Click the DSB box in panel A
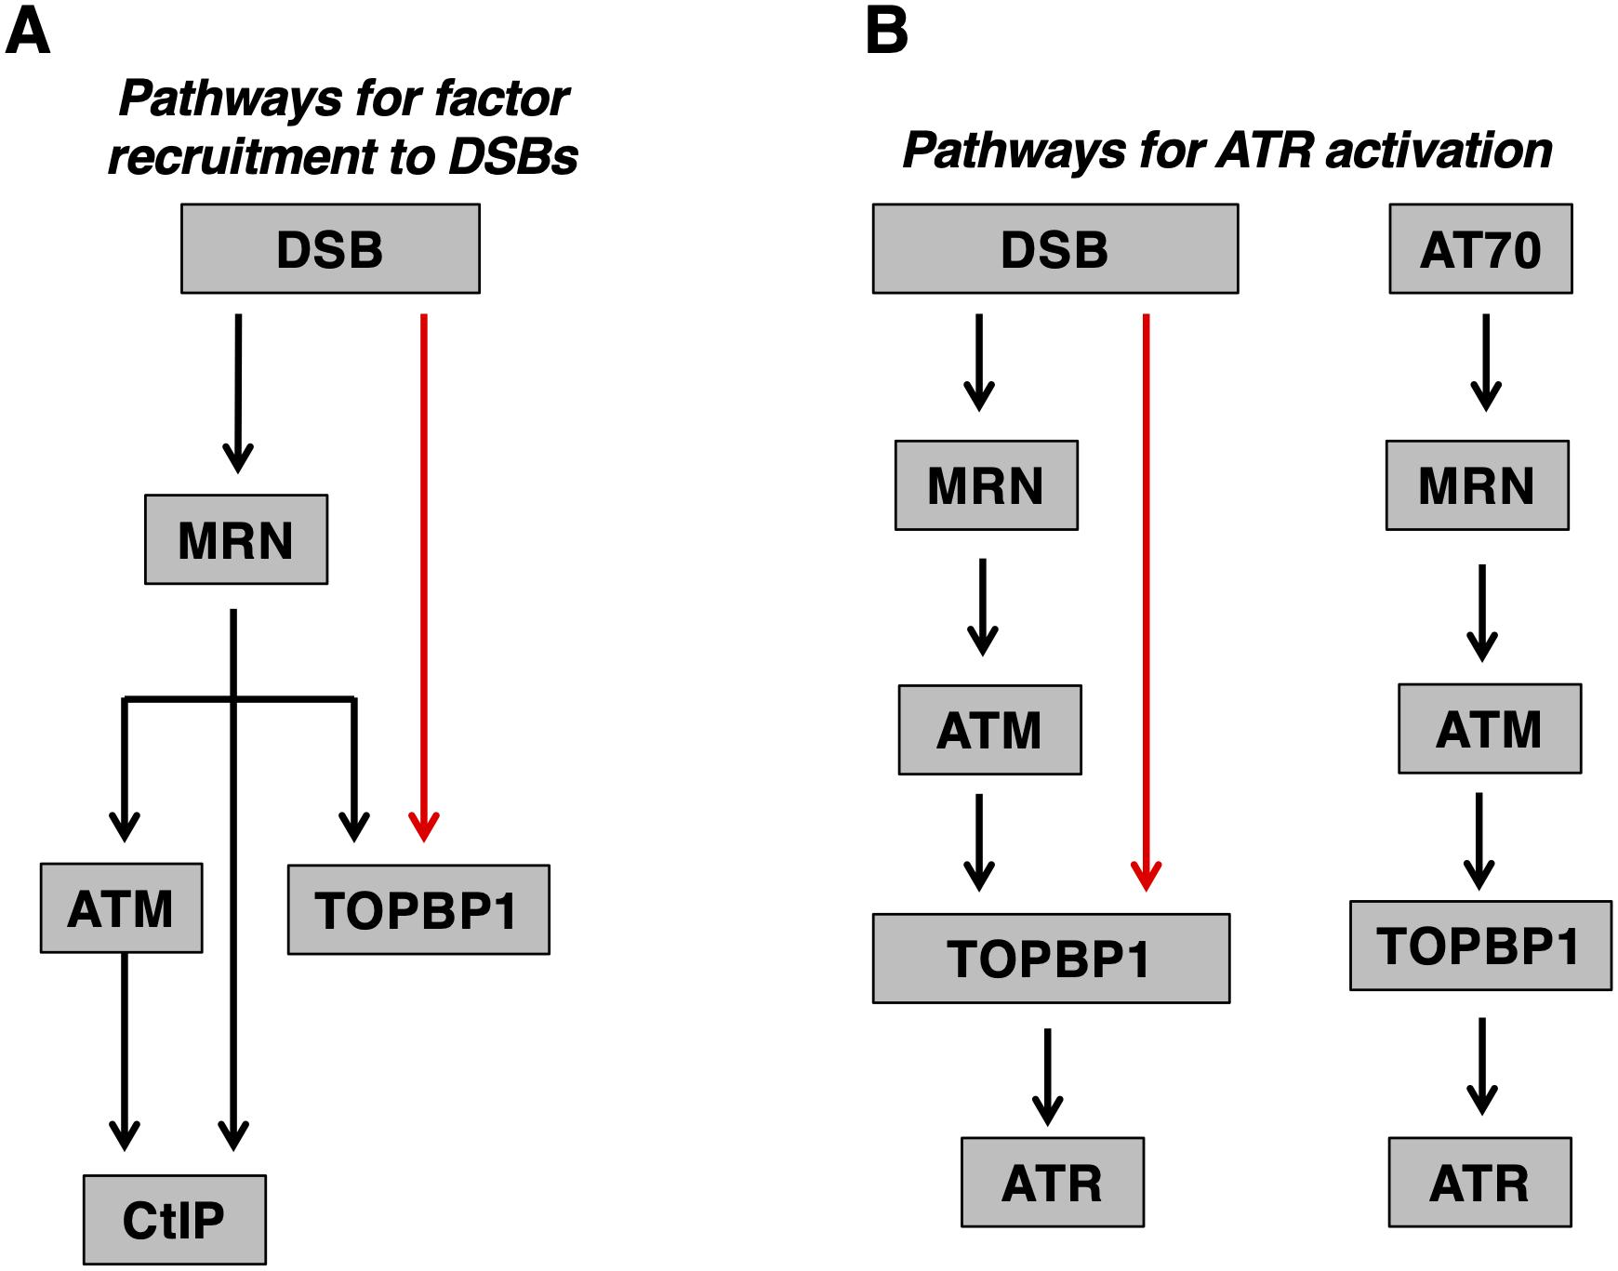click(330, 249)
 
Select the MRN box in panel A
click(236, 539)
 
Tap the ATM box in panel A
click(121, 907)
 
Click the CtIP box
click(174, 1219)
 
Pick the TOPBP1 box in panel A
click(418, 909)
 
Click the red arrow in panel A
click(424, 576)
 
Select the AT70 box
click(1480, 249)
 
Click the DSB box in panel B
click(1055, 249)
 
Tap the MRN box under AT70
click(1477, 485)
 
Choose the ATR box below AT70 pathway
click(1479, 1182)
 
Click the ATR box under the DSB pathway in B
click(1052, 1182)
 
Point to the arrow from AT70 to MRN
click(1486, 363)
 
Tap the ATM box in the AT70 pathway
click(1490, 728)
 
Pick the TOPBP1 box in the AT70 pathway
click(1480, 945)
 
